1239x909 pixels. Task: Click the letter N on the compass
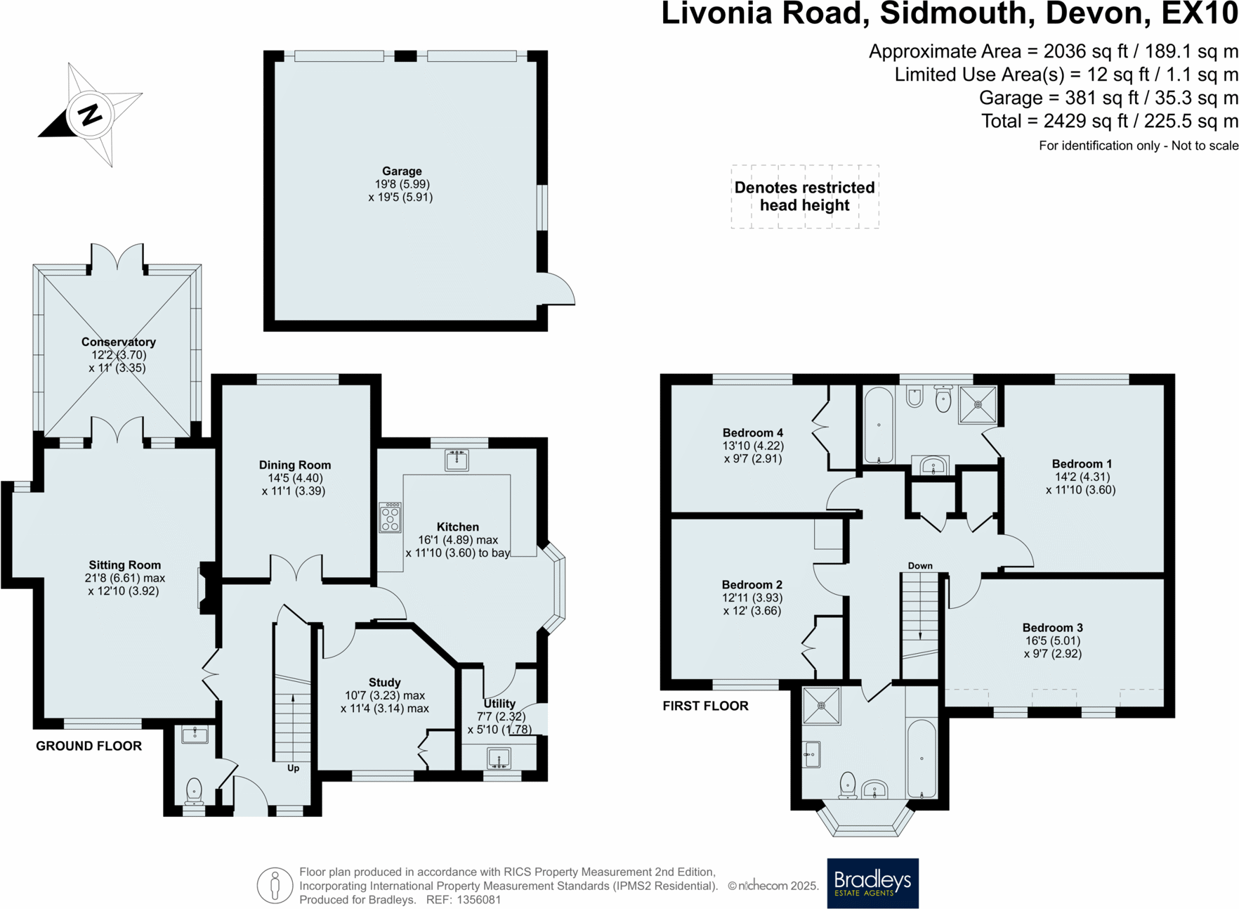click(x=90, y=115)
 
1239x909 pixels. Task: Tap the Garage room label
click(x=402, y=171)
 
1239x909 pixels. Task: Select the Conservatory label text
click(x=118, y=342)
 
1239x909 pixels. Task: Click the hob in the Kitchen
click(x=390, y=518)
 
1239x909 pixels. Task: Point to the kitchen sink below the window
click(x=457, y=460)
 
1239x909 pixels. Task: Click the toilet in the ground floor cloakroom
click(x=194, y=792)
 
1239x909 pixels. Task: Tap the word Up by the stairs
click(x=293, y=768)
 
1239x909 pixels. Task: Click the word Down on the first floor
click(x=919, y=566)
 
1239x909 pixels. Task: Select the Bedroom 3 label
click(x=1052, y=628)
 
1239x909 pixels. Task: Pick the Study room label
click(x=384, y=682)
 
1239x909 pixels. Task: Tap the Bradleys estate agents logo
click(x=872, y=883)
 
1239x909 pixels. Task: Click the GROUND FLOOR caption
click(x=88, y=746)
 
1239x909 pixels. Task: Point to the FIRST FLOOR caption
click(x=705, y=706)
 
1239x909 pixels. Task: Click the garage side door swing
click(x=559, y=290)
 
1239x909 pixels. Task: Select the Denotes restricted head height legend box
click(x=804, y=197)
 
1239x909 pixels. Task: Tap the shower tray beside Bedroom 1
click(x=978, y=405)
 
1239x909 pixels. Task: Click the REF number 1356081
click(x=478, y=900)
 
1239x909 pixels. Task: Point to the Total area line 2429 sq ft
click(x=1109, y=122)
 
